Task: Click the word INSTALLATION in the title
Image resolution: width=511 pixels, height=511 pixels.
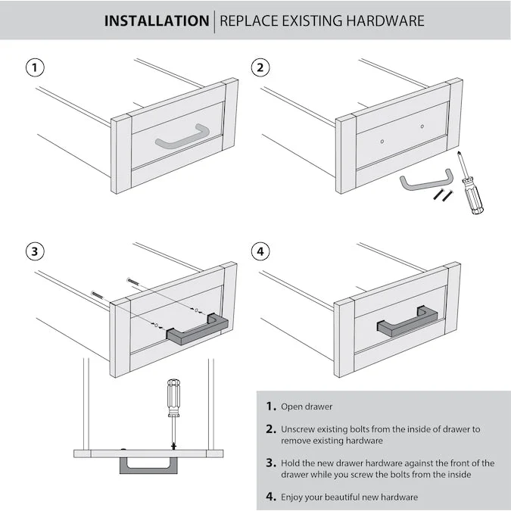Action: (156, 20)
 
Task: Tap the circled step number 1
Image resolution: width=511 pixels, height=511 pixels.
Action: (33, 67)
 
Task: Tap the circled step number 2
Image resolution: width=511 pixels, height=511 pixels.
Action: (260, 67)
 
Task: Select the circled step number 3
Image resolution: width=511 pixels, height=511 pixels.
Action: (33, 251)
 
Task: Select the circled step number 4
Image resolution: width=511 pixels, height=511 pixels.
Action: (260, 251)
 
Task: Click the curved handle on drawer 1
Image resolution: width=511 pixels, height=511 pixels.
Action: (182, 136)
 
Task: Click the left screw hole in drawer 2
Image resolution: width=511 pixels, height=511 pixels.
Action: (384, 140)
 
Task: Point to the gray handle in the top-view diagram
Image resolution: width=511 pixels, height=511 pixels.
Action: (149, 463)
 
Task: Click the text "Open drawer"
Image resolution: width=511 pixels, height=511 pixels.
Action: (307, 407)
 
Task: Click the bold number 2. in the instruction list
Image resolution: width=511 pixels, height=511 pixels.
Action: (270, 428)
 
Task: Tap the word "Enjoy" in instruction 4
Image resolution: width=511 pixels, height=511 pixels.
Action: (294, 497)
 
